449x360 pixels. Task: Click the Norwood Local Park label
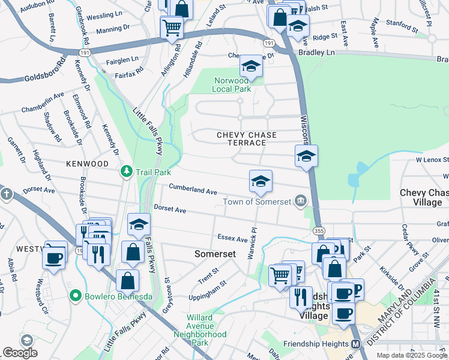pyautogui.click(x=231, y=85)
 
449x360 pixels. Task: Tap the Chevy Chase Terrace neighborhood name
pyautogui.click(x=241, y=139)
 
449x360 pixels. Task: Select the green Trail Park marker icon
pyautogui.click(x=126, y=172)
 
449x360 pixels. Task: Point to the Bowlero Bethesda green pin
pyautogui.click(x=75, y=295)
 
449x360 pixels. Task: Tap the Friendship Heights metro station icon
pyautogui.click(x=355, y=344)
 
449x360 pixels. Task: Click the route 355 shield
pyautogui.click(x=318, y=230)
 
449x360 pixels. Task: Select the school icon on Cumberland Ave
pyautogui.click(x=261, y=181)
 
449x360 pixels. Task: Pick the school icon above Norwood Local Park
pyautogui.click(x=251, y=66)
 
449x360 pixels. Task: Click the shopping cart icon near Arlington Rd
pyautogui.click(x=172, y=26)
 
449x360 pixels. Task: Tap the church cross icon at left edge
pyautogui.click(x=7, y=194)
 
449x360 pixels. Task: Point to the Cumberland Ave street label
pyautogui.click(x=193, y=189)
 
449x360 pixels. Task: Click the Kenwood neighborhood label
pyautogui.click(x=87, y=163)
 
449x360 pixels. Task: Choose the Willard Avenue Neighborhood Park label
pyautogui.click(x=200, y=330)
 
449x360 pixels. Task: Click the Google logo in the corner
pyautogui.click(x=20, y=353)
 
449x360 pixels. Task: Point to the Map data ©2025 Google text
pyautogui.click(x=412, y=355)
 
